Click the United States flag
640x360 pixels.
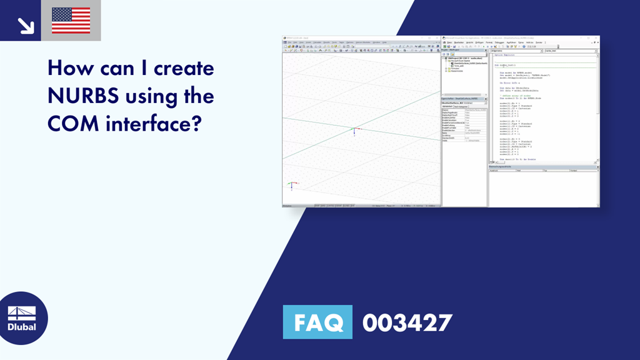point(71,21)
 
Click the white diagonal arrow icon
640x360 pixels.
point(25,24)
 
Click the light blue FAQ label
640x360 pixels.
point(317,322)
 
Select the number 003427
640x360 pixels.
point(407,322)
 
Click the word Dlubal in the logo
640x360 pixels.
point(22,327)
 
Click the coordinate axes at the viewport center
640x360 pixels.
point(353,131)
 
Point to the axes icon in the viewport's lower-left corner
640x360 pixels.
point(291,185)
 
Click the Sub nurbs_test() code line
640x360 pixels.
point(506,65)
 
